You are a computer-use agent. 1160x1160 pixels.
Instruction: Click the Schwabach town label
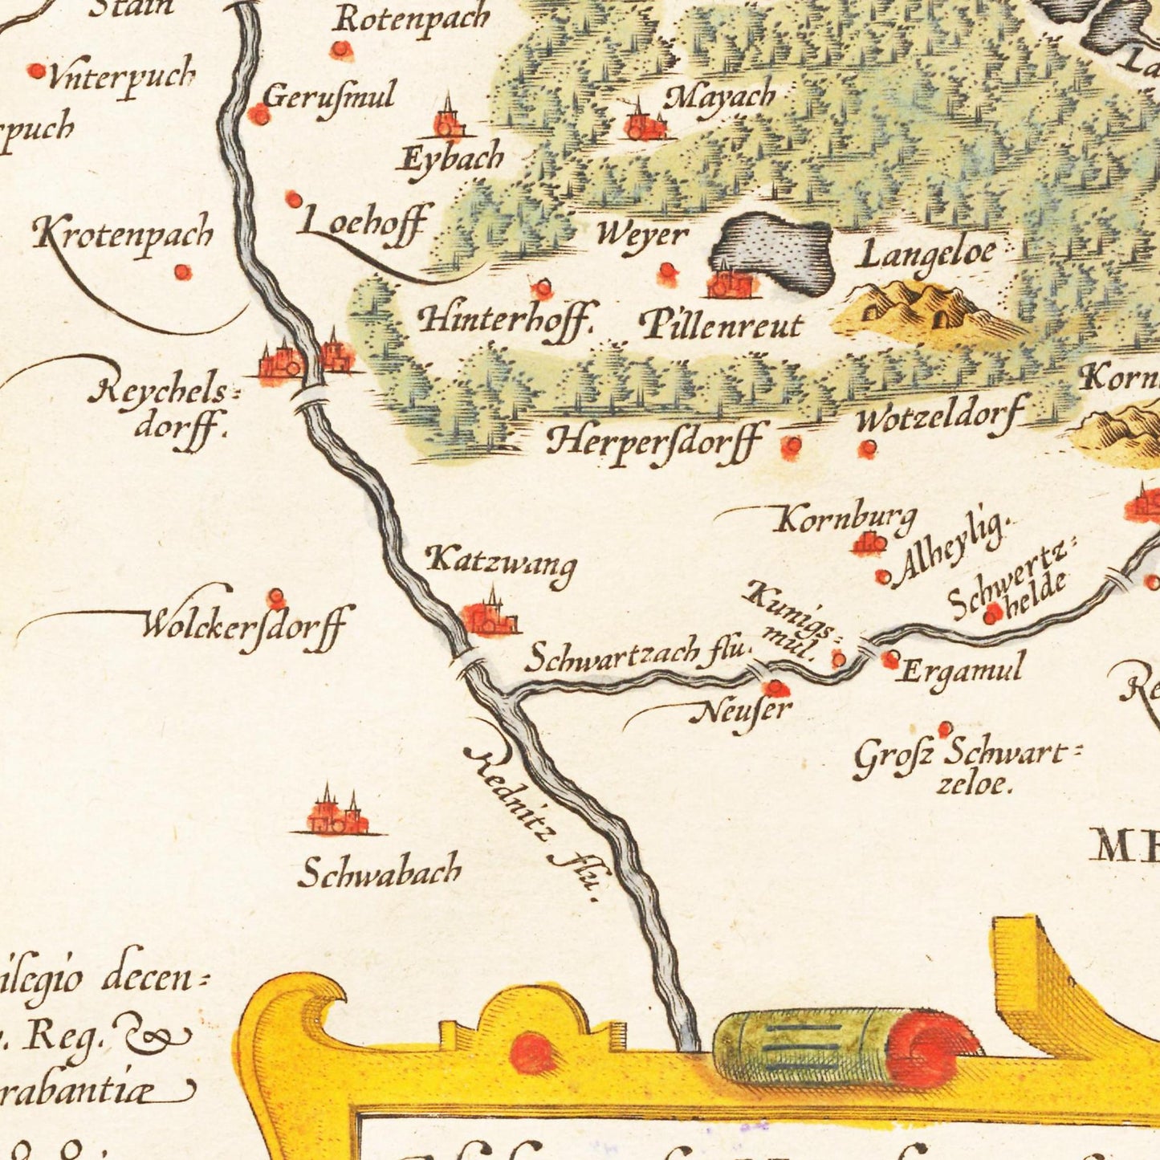click(x=379, y=872)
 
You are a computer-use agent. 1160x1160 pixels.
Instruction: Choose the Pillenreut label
click(x=721, y=325)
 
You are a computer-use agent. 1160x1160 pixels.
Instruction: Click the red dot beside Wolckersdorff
click(x=276, y=597)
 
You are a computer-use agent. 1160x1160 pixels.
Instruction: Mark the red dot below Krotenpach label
click(x=183, y=272)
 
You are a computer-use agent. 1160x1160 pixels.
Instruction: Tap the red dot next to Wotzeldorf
click(x=866, y=448)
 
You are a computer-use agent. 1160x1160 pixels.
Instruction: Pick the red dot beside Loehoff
click(x=294, y=198)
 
